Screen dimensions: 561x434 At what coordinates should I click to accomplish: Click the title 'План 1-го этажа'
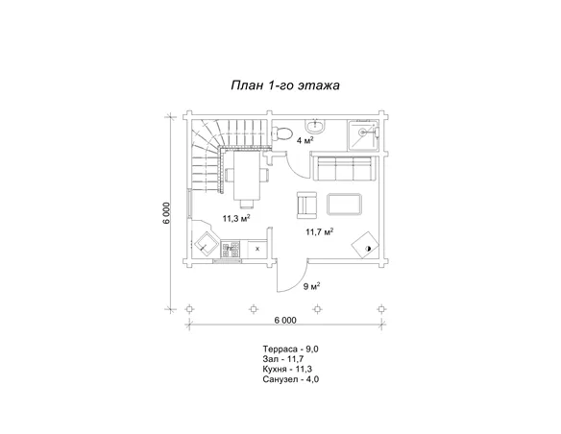point(285,85)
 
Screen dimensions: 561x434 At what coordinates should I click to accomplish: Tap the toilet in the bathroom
point(281,133)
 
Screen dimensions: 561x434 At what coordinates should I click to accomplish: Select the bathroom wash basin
point(316,126)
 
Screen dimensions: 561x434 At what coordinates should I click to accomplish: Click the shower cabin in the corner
point(363,134)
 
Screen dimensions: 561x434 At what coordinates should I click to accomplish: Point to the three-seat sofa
point(344,167)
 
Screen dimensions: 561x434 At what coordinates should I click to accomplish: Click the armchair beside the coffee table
point(306,205)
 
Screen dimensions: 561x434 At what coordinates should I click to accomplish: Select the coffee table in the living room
point(345,205)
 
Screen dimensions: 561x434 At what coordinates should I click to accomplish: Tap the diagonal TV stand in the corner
point(365,245)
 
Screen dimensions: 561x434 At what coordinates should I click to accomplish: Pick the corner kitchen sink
point(206,243)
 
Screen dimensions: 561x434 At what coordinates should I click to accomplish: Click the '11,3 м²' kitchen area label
point(236,218)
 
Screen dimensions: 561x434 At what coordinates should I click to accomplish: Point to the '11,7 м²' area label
point(320,232)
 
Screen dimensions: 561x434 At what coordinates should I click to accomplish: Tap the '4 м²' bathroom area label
point(305,140)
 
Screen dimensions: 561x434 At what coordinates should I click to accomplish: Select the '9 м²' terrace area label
point(311,286)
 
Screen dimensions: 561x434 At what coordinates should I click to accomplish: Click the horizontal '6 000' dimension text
point(285,320)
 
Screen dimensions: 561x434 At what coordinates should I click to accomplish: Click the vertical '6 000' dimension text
point(167,213)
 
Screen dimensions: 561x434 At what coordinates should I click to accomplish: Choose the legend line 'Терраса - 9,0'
point(290,349)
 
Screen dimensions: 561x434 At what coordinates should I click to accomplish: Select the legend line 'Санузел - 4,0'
point(290,379)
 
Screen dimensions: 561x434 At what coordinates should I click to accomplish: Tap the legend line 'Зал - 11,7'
point(283,358)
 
